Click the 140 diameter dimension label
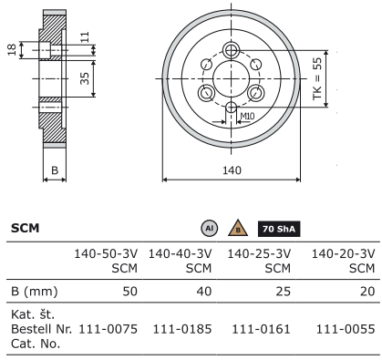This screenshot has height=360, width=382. [232, 170]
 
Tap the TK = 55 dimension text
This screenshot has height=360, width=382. [317, 78]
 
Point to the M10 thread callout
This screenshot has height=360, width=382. [247, 116]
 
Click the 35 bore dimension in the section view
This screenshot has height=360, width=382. [85, 78]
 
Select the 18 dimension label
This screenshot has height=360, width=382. [12, 50]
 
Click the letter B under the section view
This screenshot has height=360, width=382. [55, 170]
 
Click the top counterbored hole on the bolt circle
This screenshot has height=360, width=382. [232, 50]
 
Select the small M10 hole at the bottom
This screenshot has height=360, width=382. [232, 108]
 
